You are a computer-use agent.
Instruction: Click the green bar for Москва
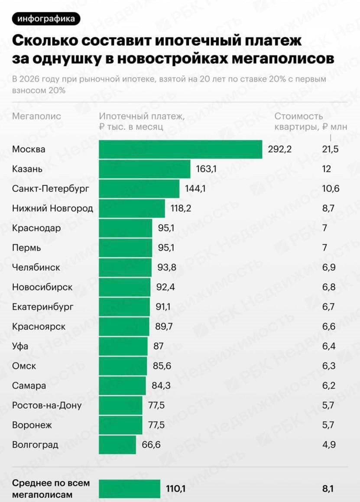coord(180,149)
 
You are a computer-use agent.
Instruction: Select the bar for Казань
coord(144,169)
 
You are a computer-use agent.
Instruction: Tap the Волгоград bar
coord(117,445)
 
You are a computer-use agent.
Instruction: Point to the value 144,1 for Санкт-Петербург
coord(194,189)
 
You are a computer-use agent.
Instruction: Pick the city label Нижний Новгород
coord(52,208)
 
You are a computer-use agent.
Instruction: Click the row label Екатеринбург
coord(43,307)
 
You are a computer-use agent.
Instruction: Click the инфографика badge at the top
coord(46,19)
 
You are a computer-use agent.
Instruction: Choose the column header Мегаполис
coord(37,116)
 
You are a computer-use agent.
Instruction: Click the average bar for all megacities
coord(129,489)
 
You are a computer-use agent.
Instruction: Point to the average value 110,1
coord(176,489)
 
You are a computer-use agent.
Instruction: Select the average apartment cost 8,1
coord(328,489)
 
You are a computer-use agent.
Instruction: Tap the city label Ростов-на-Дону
coord(47,405)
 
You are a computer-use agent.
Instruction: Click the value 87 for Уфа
coord(159,347)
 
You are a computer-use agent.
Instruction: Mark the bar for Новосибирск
coord(124,287)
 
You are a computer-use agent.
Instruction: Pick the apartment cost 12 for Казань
coord(326,169)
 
